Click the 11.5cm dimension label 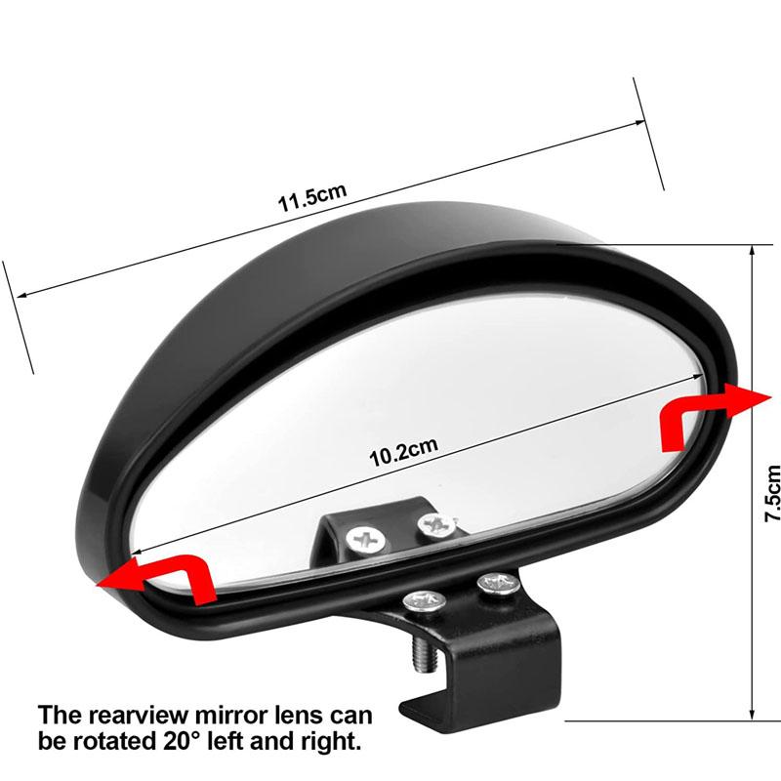point(311,198)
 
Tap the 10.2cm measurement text point(403,452)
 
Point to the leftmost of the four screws point(365,540)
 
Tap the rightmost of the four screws point(498,585)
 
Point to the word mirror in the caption point(230,716)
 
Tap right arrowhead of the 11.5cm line point(640,122)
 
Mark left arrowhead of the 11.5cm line point(21,295)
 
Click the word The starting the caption point(60,716)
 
